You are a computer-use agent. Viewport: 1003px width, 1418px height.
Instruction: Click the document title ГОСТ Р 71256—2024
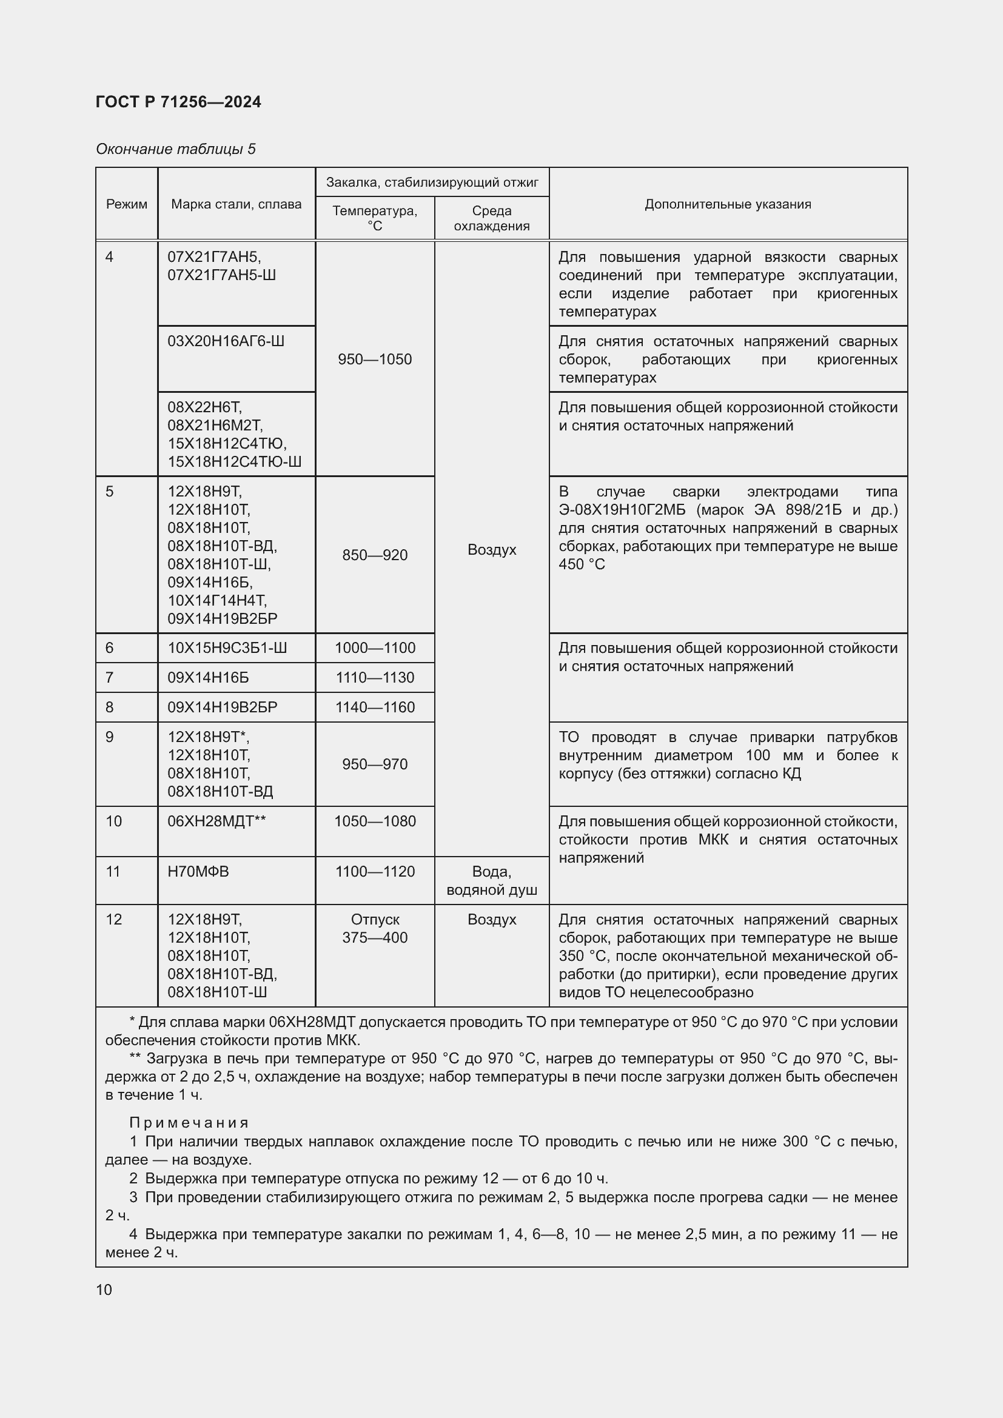(x=178, y=102)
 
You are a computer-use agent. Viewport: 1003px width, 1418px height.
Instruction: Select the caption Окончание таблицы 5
(x=175, y=149)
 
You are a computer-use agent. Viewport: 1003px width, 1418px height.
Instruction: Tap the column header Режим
(x=127, y=204)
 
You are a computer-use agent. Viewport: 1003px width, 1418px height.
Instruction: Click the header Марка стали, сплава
(x=236, y=204)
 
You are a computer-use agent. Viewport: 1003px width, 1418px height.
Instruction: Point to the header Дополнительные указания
(x=728, y=204)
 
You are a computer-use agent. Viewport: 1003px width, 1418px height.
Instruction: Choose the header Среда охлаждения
(x=492, y=218)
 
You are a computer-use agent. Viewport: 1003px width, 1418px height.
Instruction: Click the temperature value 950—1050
(x=374, y=359)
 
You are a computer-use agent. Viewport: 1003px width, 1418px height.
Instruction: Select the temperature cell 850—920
(x=374, y=555)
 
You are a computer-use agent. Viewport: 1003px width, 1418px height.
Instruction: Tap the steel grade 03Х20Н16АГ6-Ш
(x=226, y=341)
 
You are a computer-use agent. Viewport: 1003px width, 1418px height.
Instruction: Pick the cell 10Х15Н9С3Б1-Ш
(x=227, y=648)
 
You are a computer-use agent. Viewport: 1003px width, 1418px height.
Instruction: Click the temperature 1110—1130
(x=374, y=678)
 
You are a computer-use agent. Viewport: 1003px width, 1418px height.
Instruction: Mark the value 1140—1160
(x=374, y=707)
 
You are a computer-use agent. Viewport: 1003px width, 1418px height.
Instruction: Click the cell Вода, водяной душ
(x=492, y=881)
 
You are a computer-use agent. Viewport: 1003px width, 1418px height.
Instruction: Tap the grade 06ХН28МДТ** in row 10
(x=216, y=821)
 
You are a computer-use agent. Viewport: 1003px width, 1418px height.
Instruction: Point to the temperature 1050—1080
(x=374, y=821)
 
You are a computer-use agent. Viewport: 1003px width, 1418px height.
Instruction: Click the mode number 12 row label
(x=113, y=919)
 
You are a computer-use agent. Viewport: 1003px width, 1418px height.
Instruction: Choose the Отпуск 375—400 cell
(x=374, y=928)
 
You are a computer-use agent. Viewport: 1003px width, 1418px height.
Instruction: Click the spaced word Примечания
(x=189, y=1122)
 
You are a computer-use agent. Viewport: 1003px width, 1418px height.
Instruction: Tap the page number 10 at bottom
(x=104, y=1289)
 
